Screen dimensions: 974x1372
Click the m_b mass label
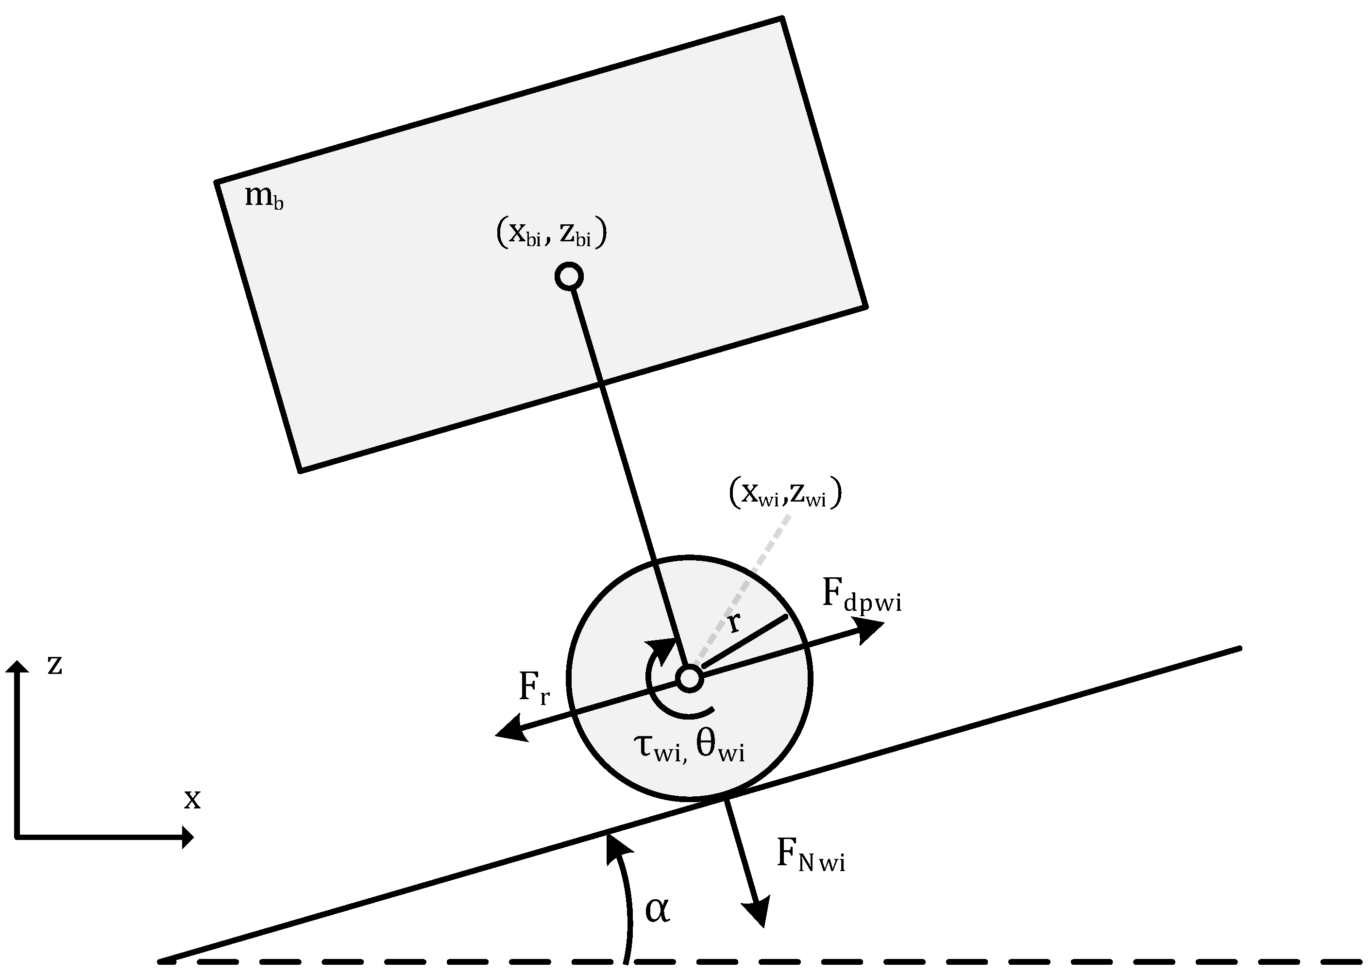[x=263, y=196]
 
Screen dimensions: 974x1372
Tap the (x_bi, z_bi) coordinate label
[x=551, y=232]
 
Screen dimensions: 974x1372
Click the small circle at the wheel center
[x=689, y=678]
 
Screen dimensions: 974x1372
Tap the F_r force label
[x=533, y=688]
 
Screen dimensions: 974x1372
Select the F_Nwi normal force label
[x=810, y=855]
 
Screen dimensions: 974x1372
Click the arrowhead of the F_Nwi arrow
[x=757, y=912]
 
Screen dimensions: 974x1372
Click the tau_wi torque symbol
[x=658, y=748]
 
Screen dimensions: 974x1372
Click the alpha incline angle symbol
[x=657, y=909]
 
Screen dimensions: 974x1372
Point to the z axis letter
[x=54, y=664]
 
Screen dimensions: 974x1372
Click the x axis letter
[x=192, y=798]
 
